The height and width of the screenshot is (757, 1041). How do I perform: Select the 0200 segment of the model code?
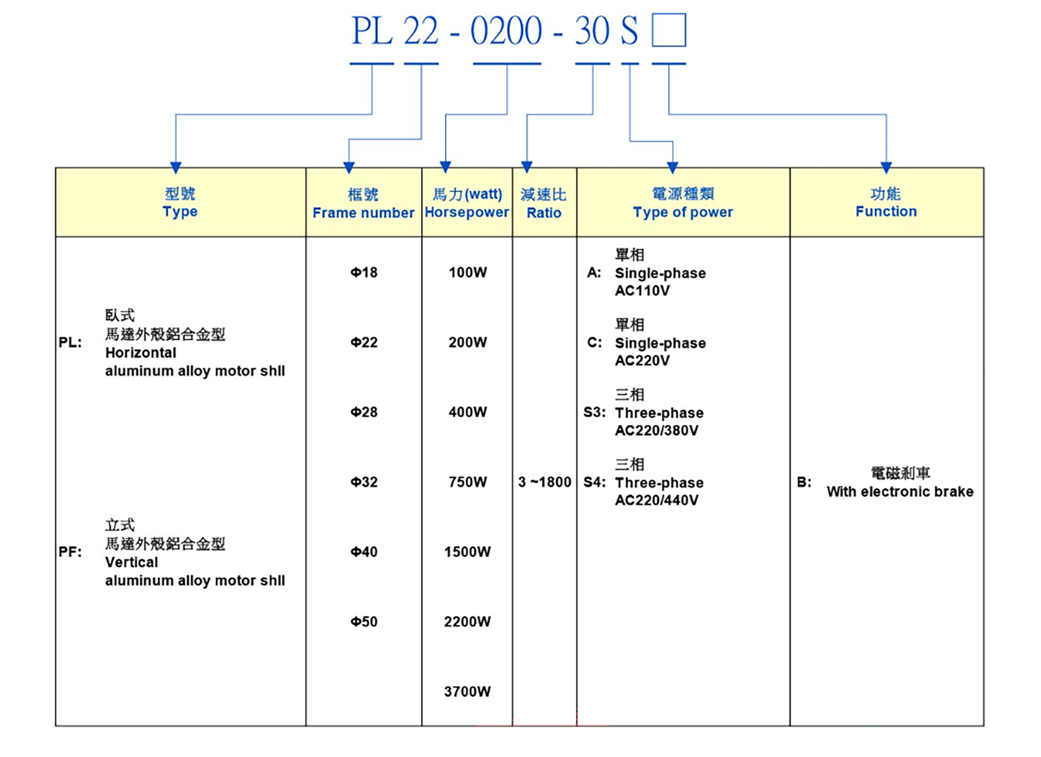tap(506, 31)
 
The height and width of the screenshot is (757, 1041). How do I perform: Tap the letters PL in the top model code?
tap(372, 31)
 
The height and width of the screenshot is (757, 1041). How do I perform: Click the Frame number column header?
tap(363, 203)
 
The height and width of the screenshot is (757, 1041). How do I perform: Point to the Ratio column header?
tap(544, 203)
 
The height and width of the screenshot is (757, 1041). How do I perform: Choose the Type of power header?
tap(683, 203)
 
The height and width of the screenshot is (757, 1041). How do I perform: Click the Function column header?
tap(886, 202)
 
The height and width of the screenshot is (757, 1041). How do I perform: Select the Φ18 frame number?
tap(364, 273)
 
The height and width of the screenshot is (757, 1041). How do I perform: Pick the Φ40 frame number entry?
tap(364, 552)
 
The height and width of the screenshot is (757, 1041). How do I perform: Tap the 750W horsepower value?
tap(467, 482)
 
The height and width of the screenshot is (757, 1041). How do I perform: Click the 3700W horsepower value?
tap(467, 692)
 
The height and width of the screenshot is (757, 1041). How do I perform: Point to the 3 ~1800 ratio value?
tap(544, 482)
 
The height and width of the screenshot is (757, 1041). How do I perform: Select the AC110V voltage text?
tap(642, 291)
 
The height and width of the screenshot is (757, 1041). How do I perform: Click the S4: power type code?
tap(594, 482)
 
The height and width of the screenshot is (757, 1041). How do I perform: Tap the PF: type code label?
tap(70, 552)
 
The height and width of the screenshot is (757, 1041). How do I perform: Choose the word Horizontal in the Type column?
tap(140, 353)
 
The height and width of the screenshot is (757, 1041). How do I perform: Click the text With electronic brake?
tap(900, 491)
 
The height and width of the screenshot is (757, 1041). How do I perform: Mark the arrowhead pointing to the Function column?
tap(886, 167)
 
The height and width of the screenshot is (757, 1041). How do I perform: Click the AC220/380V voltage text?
tap(657, 431)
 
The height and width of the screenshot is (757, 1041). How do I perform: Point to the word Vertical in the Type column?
tap(131, 562)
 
